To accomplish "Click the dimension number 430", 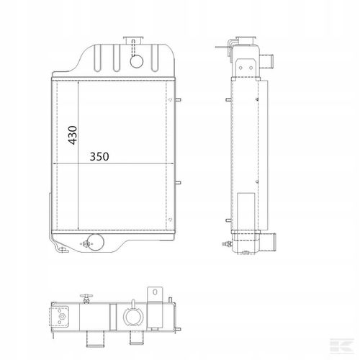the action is pos(73,135).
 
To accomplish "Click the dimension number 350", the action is pos(99,156).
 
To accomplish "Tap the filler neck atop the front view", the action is pos(133,40).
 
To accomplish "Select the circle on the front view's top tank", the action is pos(137,61).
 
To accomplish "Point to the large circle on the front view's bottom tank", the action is pos(96,243).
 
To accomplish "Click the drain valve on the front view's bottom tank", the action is pos(86,244).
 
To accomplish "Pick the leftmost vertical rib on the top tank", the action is pos(97,58).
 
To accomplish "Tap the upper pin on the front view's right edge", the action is pos(178,99).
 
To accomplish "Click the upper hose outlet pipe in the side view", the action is pos(266,61).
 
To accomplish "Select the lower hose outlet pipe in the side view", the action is pos(268,242).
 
